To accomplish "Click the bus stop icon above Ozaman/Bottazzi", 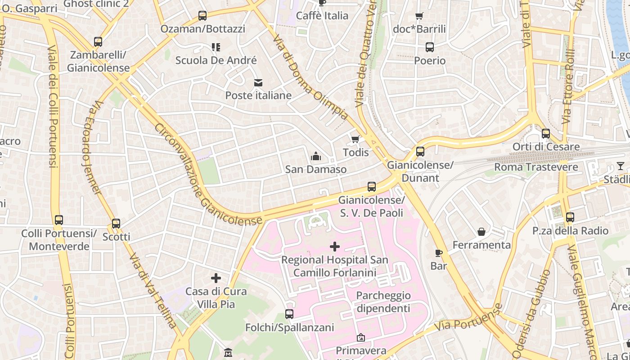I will [202, 16].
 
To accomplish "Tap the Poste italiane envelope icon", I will [258, 82].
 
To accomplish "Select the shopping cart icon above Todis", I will [355, 139].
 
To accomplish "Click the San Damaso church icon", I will [316, 156].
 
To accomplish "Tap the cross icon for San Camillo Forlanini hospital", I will [335, 247].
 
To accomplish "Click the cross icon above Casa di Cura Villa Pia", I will [216, 278].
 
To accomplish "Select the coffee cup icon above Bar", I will [439, 253].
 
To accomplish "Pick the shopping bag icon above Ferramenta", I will [481, 232].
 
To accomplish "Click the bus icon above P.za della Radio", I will [570, 217].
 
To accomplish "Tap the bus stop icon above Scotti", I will [116, 223].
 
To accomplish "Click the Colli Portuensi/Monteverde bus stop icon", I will [59, 220].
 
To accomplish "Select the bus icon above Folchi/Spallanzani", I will [289, 314].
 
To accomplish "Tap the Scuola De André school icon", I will [216, 47].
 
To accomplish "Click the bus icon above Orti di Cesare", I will [546, 134].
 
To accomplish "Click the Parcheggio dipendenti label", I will [383, 302].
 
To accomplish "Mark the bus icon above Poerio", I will [430, 47].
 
